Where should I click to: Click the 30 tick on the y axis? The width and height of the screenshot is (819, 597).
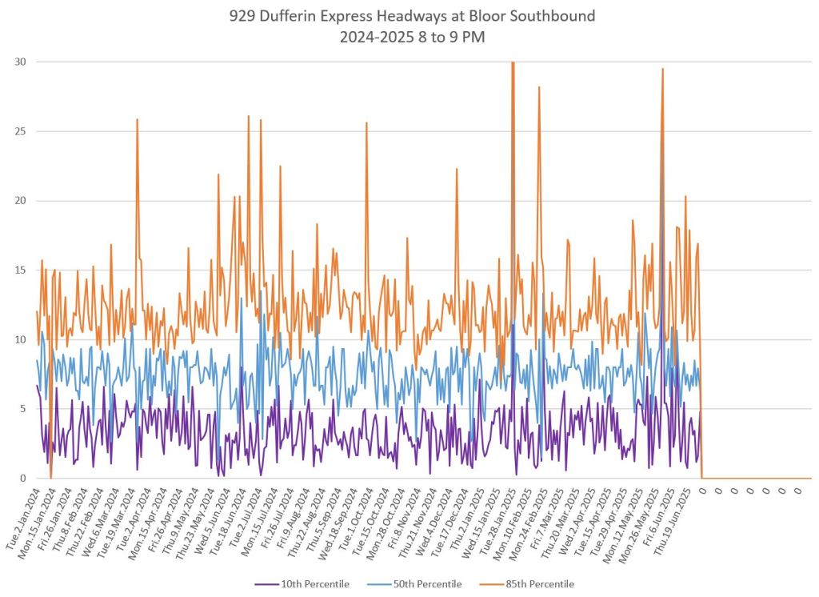19,62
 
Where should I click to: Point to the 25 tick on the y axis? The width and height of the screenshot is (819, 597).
19,131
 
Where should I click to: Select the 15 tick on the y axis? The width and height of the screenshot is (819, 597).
19,270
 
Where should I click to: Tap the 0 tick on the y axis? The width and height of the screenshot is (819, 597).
22,478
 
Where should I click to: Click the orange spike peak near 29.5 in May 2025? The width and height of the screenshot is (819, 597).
662,69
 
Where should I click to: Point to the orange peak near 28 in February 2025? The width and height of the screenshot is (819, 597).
539,86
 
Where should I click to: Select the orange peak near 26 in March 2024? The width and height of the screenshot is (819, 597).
138,119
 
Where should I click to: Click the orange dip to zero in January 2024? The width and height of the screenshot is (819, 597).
50,477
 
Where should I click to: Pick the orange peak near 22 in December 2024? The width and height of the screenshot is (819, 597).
457,169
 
